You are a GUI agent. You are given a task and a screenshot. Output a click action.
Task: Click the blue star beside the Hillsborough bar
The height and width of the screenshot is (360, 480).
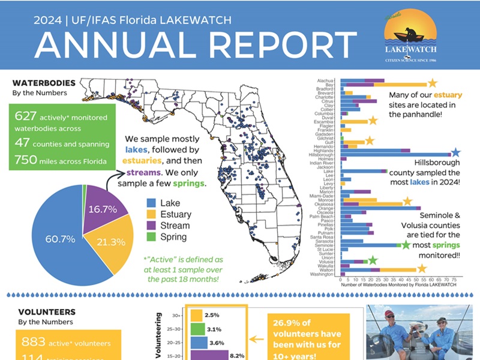pos(455,152)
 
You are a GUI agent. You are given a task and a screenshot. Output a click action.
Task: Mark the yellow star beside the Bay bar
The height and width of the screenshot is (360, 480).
pos(432,83)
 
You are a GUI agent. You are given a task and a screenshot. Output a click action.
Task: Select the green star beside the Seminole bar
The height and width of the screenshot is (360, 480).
pos(405,244)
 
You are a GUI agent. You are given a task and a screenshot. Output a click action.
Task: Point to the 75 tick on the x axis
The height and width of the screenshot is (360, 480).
pos(453,280)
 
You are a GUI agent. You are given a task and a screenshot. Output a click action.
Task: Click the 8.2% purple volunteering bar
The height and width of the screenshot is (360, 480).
pos(209,355)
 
